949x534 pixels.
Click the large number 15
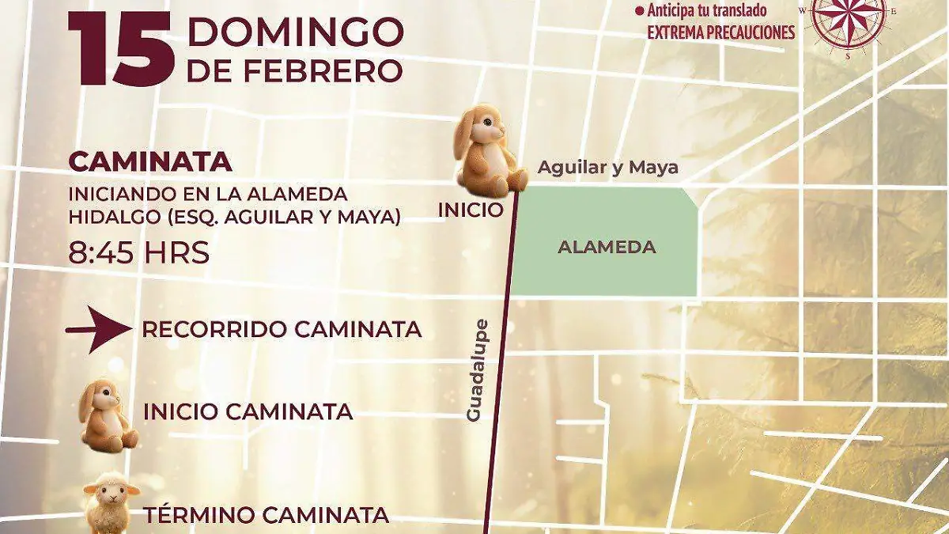[122, 49]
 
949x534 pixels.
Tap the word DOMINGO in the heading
[295, 32]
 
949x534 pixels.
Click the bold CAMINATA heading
[150, 161]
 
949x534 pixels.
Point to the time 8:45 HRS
[139, 253]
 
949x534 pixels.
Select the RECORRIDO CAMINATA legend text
[282, 330]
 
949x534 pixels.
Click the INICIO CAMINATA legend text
[248, 412]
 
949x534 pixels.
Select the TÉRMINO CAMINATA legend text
[266, 516]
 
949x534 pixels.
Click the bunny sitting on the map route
[486, 152]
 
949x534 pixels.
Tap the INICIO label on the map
[471, 210]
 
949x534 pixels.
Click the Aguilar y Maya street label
[607, 168]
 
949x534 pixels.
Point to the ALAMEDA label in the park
[607, 247]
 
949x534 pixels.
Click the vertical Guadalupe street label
[475, 370]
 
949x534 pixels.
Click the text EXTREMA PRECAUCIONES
[721, 32]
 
